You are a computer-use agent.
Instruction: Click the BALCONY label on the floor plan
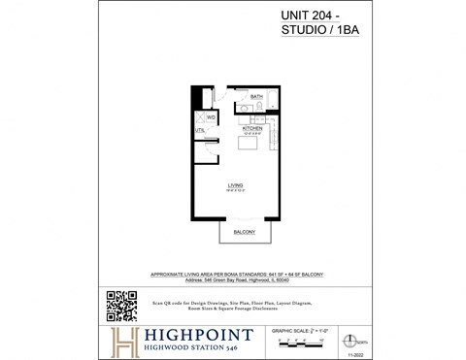[243, 233]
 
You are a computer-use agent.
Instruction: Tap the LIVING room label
[236, 184]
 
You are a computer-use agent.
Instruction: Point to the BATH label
[257, 98]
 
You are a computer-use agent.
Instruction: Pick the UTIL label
[200, 129]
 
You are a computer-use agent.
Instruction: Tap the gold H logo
[123, 340]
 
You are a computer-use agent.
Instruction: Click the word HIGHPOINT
[200, 334]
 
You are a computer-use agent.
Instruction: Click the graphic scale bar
[304, 342]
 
